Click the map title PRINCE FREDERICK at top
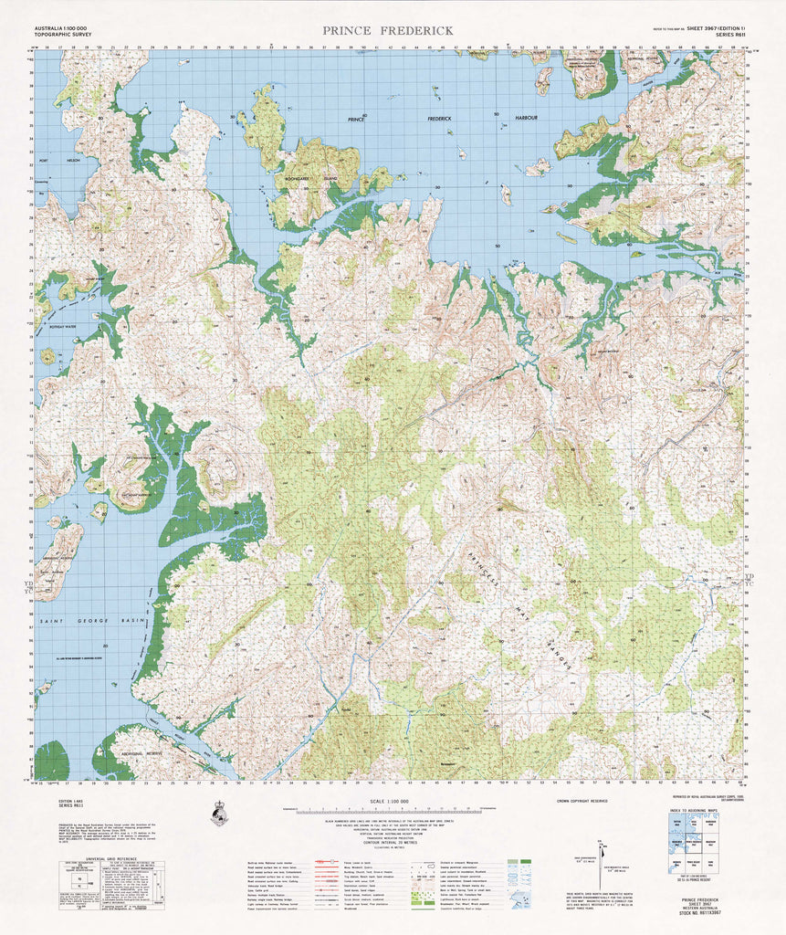coord(387,31)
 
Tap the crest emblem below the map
coord(219,813)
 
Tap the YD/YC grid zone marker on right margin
coord(750,580)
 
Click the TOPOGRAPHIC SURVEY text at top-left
coord(61,37)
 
